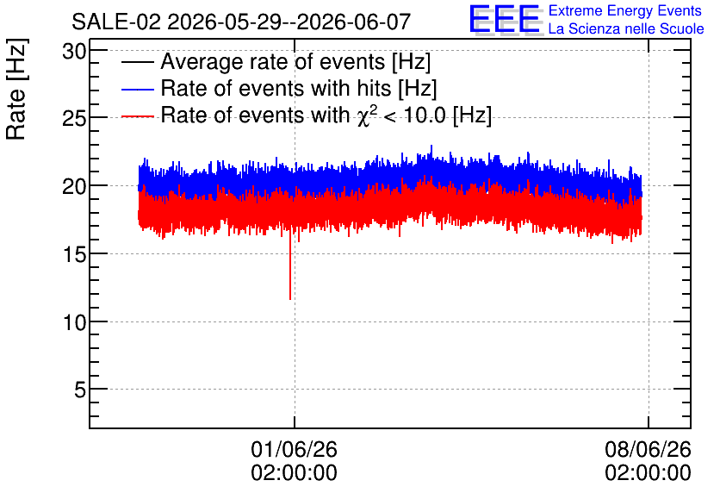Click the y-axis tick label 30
(x=74, y=52)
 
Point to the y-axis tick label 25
(x=74, y=119)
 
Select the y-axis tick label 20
(x=74, y=187)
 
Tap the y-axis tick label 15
(x=74, y=255)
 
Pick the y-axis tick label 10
(x=74, y=322)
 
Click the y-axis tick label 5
(x=80, y=390)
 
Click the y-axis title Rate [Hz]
(x=16, y=89)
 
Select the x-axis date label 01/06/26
(x=294, y=449)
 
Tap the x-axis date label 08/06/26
(x=648, y=449)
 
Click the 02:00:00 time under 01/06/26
(x=294, y=473)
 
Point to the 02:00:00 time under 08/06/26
(x=648, y=473)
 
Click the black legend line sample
(x=137, y=62)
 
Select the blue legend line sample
(x=137, y=89)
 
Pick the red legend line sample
(x=137, y=116)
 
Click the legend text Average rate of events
(x=273, y=61)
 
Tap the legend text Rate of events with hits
(x=276, y=88)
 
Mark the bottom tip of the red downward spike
(x=290, y=300)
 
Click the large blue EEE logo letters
(x=505, y=19)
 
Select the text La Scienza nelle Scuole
(x=626, y=29)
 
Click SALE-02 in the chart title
(x=116, y=22)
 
